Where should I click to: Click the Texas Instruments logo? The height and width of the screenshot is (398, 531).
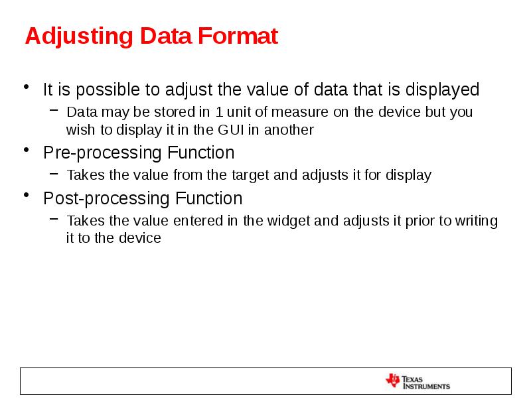click(x=417, y=381)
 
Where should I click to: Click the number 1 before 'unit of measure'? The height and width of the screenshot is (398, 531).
click(x=219, y=111)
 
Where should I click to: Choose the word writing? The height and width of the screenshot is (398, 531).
click(x=476, y=221)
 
